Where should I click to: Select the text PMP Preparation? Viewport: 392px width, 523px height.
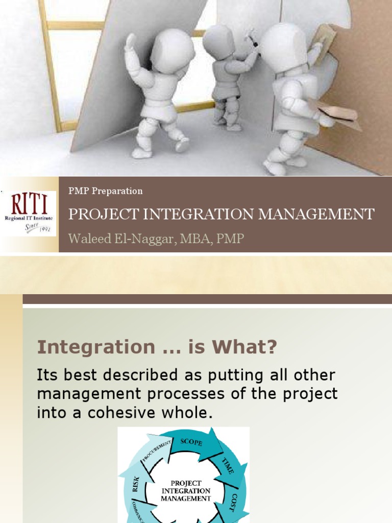[x=106, y=191]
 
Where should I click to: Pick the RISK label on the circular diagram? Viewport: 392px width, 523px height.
[x=136, y=483]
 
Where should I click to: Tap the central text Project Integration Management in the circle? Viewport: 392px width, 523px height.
[x=186, y=490]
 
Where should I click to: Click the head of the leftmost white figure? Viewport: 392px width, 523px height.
[x=173, y=51]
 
